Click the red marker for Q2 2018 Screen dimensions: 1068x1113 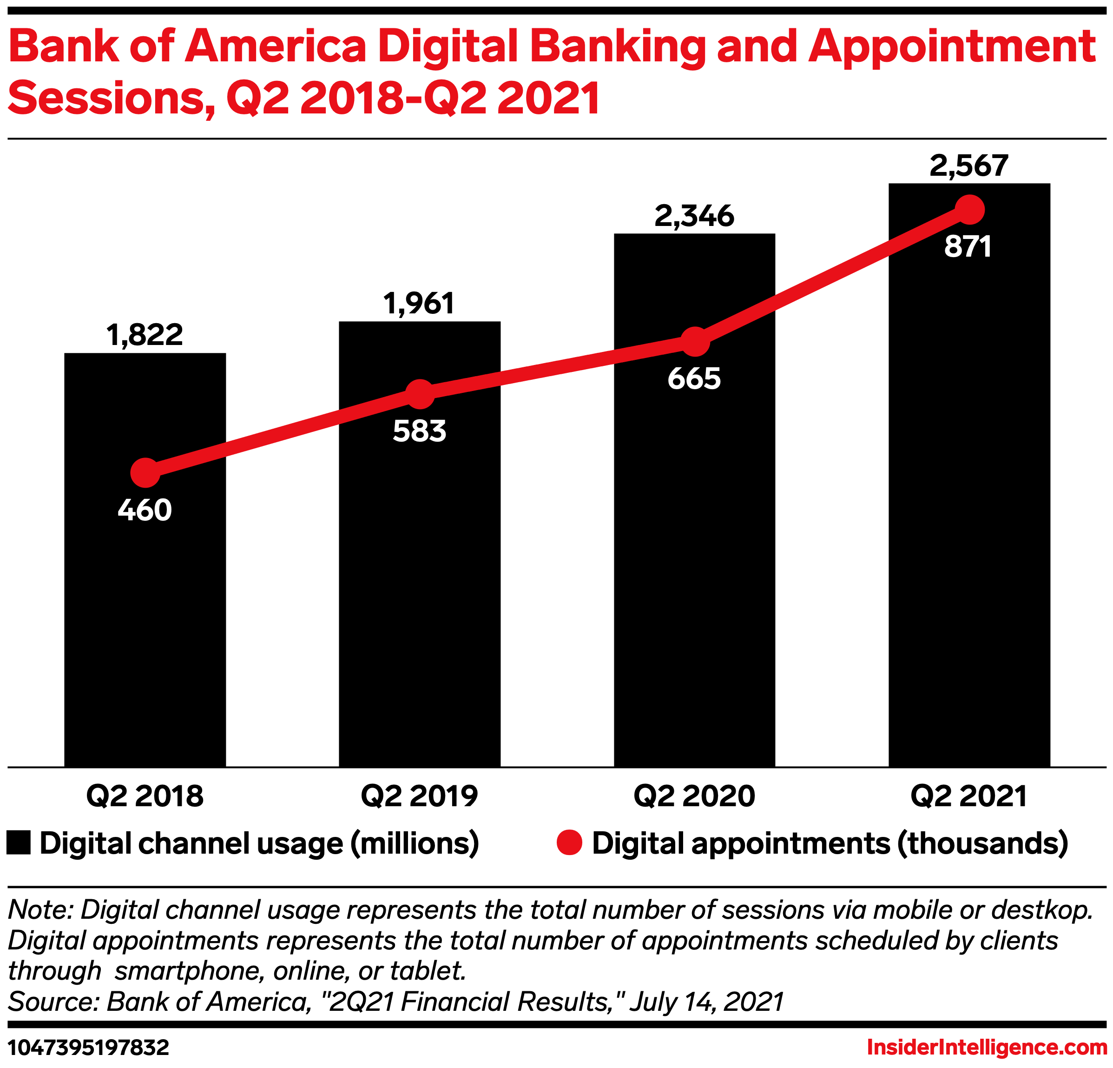145,473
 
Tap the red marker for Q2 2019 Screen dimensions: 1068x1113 420,394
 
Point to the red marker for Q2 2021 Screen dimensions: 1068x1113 969,210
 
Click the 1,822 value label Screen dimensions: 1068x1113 145,335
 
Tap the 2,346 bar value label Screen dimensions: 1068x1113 694,216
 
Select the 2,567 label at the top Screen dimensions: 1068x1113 969,166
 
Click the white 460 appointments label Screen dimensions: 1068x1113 145,510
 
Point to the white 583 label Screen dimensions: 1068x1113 420,431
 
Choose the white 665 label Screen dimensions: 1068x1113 694,379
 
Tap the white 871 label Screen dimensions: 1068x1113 968,247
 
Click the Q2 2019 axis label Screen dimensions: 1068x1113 420,796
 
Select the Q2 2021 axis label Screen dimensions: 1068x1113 969,796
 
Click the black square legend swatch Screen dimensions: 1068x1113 19,843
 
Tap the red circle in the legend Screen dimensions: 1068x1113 569,842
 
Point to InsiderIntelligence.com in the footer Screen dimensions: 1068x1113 987,1047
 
